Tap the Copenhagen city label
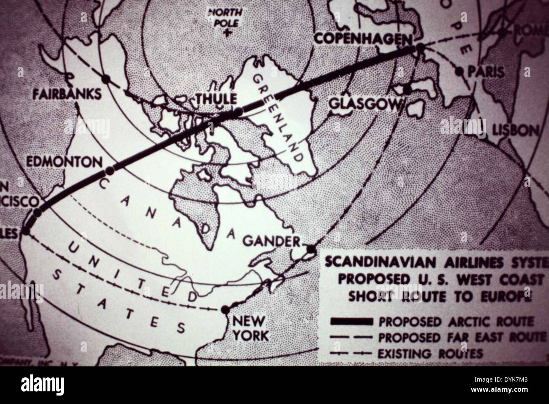tap(363, 38)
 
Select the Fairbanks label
tap(68, 94)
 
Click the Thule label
tap(215, 99)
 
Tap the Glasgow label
tap(363, 104)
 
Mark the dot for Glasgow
tap(407, 89)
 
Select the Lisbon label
tap(516, 130)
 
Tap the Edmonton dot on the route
tap(110, 171)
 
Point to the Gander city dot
tap(311, 249)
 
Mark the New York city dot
tap(227, 309)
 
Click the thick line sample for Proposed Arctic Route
tap(353, 322)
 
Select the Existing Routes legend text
tap(430, 353)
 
